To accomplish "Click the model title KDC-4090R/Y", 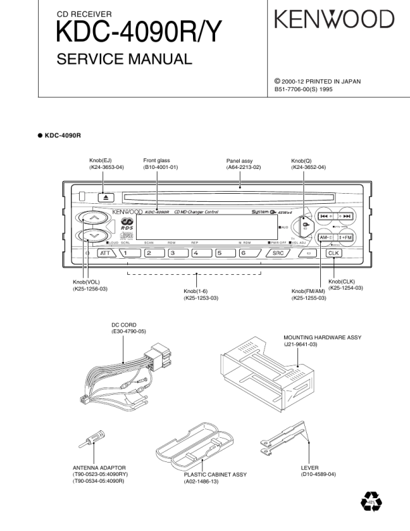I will [138, 32].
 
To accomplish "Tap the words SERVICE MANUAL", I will [125, 60].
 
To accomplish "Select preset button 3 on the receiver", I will [177, 253].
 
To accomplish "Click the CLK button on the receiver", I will [333, 253].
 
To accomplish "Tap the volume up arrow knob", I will [94, 219].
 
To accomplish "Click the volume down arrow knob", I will [94, 236].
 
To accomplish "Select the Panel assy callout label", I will [239, 161].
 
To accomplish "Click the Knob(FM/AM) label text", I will [310, 290].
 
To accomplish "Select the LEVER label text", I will [310, 467].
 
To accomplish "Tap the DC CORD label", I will [124, 324].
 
